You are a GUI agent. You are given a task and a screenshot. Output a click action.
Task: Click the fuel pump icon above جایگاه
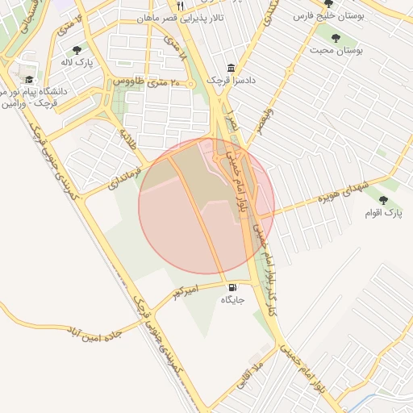233,287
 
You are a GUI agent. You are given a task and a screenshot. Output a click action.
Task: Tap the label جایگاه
232,300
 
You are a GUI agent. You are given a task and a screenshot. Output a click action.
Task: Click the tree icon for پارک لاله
77,50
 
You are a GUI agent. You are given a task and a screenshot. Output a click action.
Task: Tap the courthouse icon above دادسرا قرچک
232,68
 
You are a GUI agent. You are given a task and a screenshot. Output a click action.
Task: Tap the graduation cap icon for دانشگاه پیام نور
29,79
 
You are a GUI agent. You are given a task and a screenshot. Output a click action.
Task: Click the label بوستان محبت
336,50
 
